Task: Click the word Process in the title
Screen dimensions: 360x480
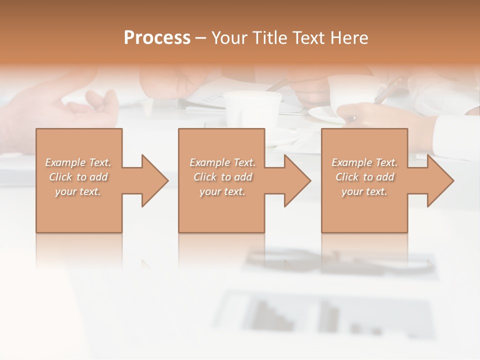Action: click(157, 38)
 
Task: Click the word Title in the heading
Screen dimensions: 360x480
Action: click(271, 38)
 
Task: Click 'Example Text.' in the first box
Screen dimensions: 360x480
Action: click(78, 162)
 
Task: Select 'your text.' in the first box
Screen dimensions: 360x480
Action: click(78, 191)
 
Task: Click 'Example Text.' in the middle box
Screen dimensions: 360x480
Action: click(222, 162)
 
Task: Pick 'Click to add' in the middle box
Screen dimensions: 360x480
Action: click(222, 177)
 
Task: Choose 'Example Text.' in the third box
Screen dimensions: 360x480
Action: click(364, 162)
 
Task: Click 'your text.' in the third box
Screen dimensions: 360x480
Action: click(364, 191)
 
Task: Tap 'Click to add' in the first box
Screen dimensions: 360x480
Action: click(78, 177)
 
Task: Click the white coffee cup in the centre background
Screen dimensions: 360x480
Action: click(252, 107)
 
